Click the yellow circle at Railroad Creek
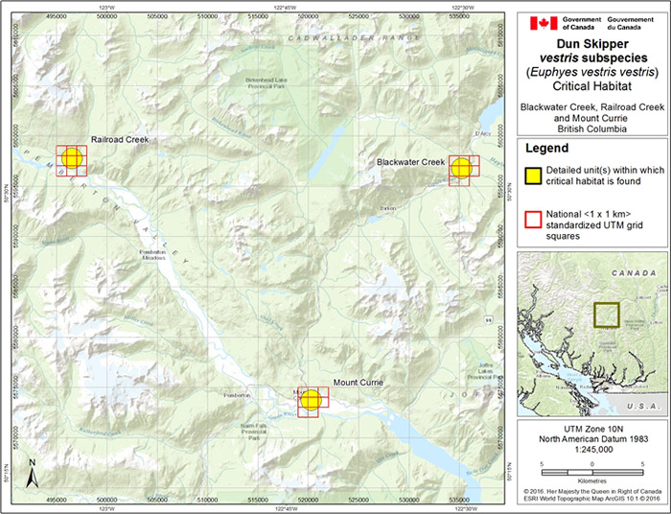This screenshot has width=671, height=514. click(72, 159)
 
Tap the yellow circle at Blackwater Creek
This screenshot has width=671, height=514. click(463, 168)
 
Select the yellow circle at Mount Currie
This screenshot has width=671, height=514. click(310, 400)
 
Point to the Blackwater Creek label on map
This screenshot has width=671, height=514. click(410, 162)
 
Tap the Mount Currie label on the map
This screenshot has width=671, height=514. click(358, 384)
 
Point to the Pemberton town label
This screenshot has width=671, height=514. click(236, 395)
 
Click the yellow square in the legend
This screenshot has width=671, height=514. click(532, 175)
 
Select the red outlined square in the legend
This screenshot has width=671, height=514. click(532, 217)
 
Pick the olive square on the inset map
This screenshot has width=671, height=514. click(606, 315)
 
